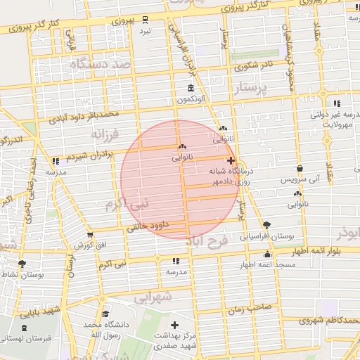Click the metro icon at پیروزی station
pos(146,19)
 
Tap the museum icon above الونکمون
pos(191,88)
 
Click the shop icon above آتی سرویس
pos(301,169)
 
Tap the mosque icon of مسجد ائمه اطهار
pos(267,255)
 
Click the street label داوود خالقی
pos(153,227)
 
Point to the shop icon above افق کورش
pos(89,235)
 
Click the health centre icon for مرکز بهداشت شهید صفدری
pos(175,327)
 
